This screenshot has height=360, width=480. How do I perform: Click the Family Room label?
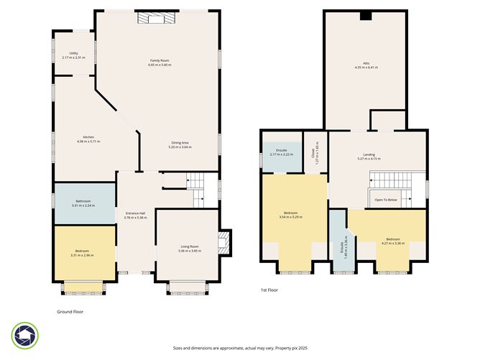160,63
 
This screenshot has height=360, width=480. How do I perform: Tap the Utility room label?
73,55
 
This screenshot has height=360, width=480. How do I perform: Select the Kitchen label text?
88,139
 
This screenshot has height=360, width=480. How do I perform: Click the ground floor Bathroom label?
83,203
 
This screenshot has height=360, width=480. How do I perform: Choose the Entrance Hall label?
136,215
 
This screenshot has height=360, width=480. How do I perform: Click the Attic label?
366,65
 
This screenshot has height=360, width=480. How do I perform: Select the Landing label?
369,157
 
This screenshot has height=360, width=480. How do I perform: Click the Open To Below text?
386,200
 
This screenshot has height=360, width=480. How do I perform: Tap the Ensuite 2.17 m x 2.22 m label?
281,152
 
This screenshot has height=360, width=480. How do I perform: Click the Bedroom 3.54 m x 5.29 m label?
291,215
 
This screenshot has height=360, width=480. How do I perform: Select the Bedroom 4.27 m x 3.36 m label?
392,241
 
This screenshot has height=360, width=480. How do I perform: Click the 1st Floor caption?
270,290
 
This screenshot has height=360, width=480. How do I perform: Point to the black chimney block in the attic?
366,16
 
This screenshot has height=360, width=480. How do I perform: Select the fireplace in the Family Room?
153,17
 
